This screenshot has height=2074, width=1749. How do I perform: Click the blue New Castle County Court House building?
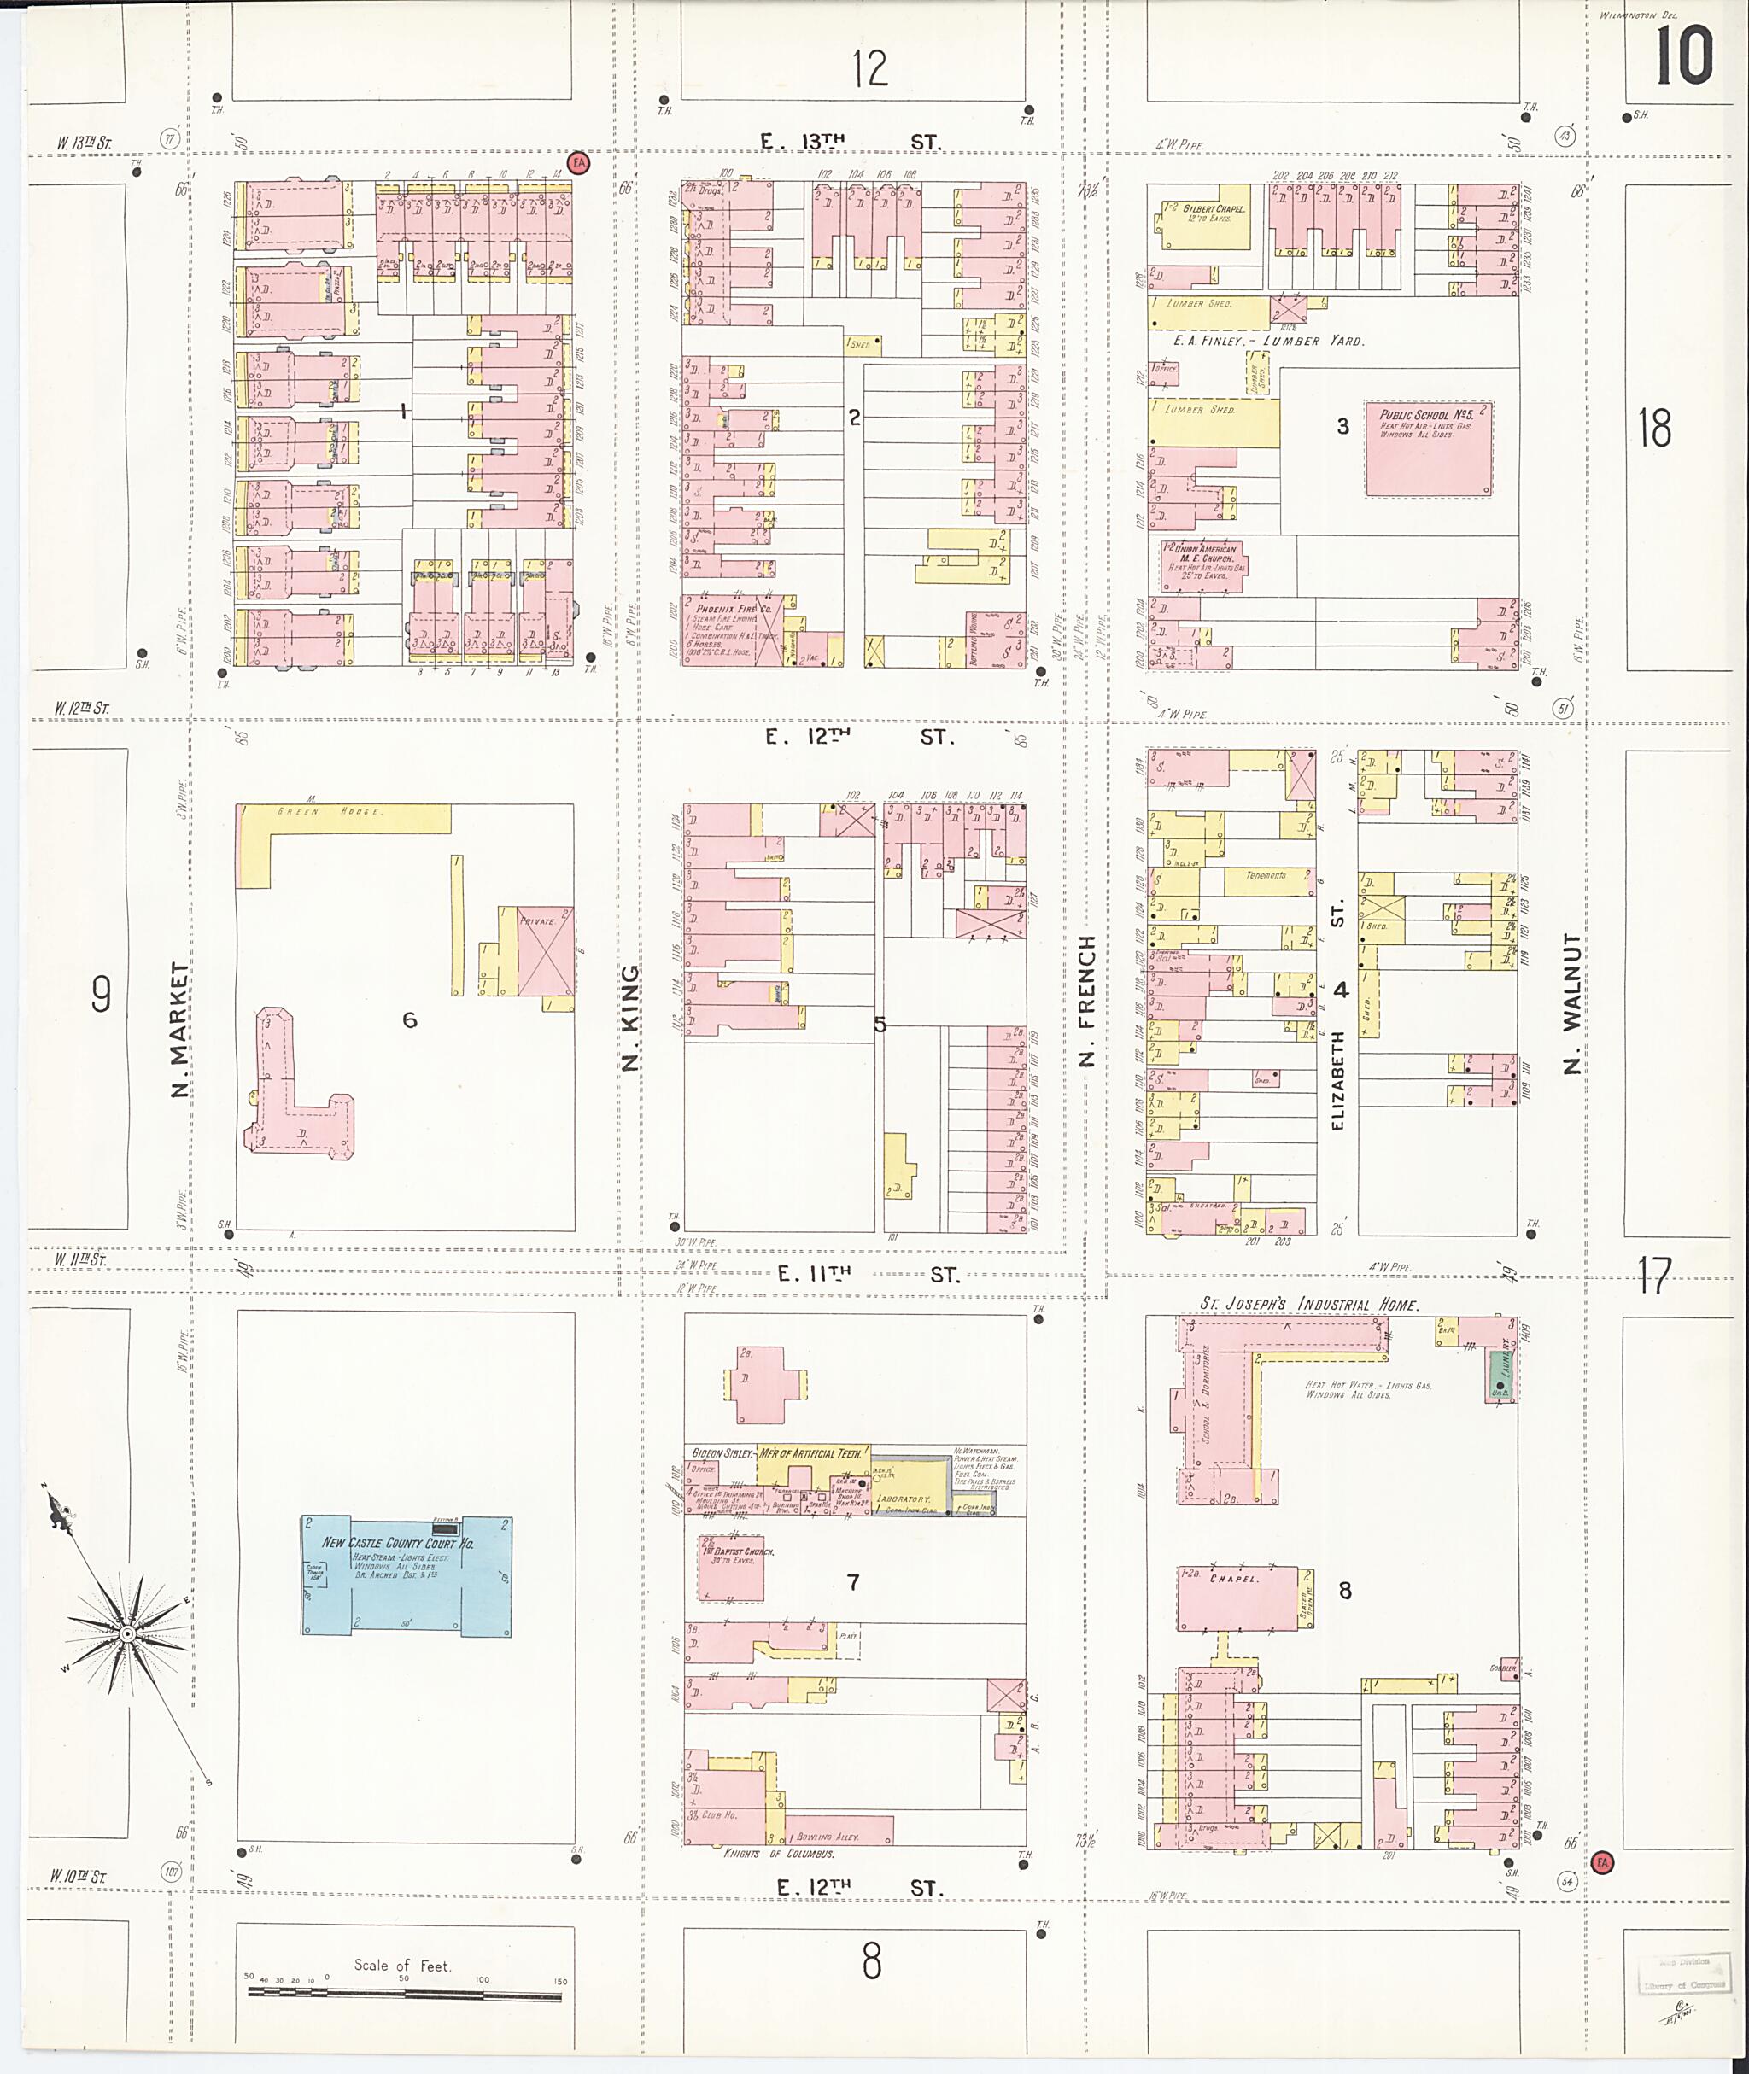tap(407, 1575)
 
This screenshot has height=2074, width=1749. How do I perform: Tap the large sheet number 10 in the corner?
tap(1682, 56)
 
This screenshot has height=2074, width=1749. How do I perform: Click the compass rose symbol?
tap(127, 1632)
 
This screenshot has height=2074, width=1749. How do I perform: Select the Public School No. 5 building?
tap(1428, 448)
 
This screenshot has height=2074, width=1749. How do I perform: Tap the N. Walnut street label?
tap(1572, 1003)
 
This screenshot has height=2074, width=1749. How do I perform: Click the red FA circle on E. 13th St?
tap(578, 161)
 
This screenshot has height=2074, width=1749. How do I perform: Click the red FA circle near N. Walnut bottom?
tap(1602, 1863)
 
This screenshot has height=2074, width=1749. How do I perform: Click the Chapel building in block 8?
tap(1237, 1598)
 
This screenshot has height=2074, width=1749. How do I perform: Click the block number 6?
tap(409, 1019)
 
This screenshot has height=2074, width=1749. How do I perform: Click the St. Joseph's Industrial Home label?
tap(1309, 1306)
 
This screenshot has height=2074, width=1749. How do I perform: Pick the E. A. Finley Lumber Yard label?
tap(1267, 340)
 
